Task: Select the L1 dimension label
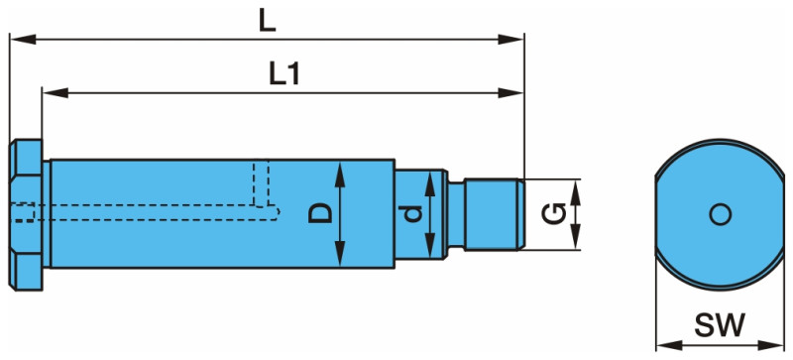pyautogui.click(x=284, y=75)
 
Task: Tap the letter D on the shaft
pyautogui.click(x=321, y=212)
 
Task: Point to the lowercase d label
pyautogui.click(x=413, y=214)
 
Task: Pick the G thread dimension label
pyautogui.click(x=553, y=213)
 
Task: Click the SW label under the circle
pyautogui.click(x=720, y=325)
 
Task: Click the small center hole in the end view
pyautogui.click(x=721, y=214)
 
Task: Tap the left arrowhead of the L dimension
pyautogui.click(x=23, y=39)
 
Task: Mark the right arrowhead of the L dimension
pyautogui.click(x=510, y=39)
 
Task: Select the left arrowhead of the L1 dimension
pyautogui.click(x=56, y=92)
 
